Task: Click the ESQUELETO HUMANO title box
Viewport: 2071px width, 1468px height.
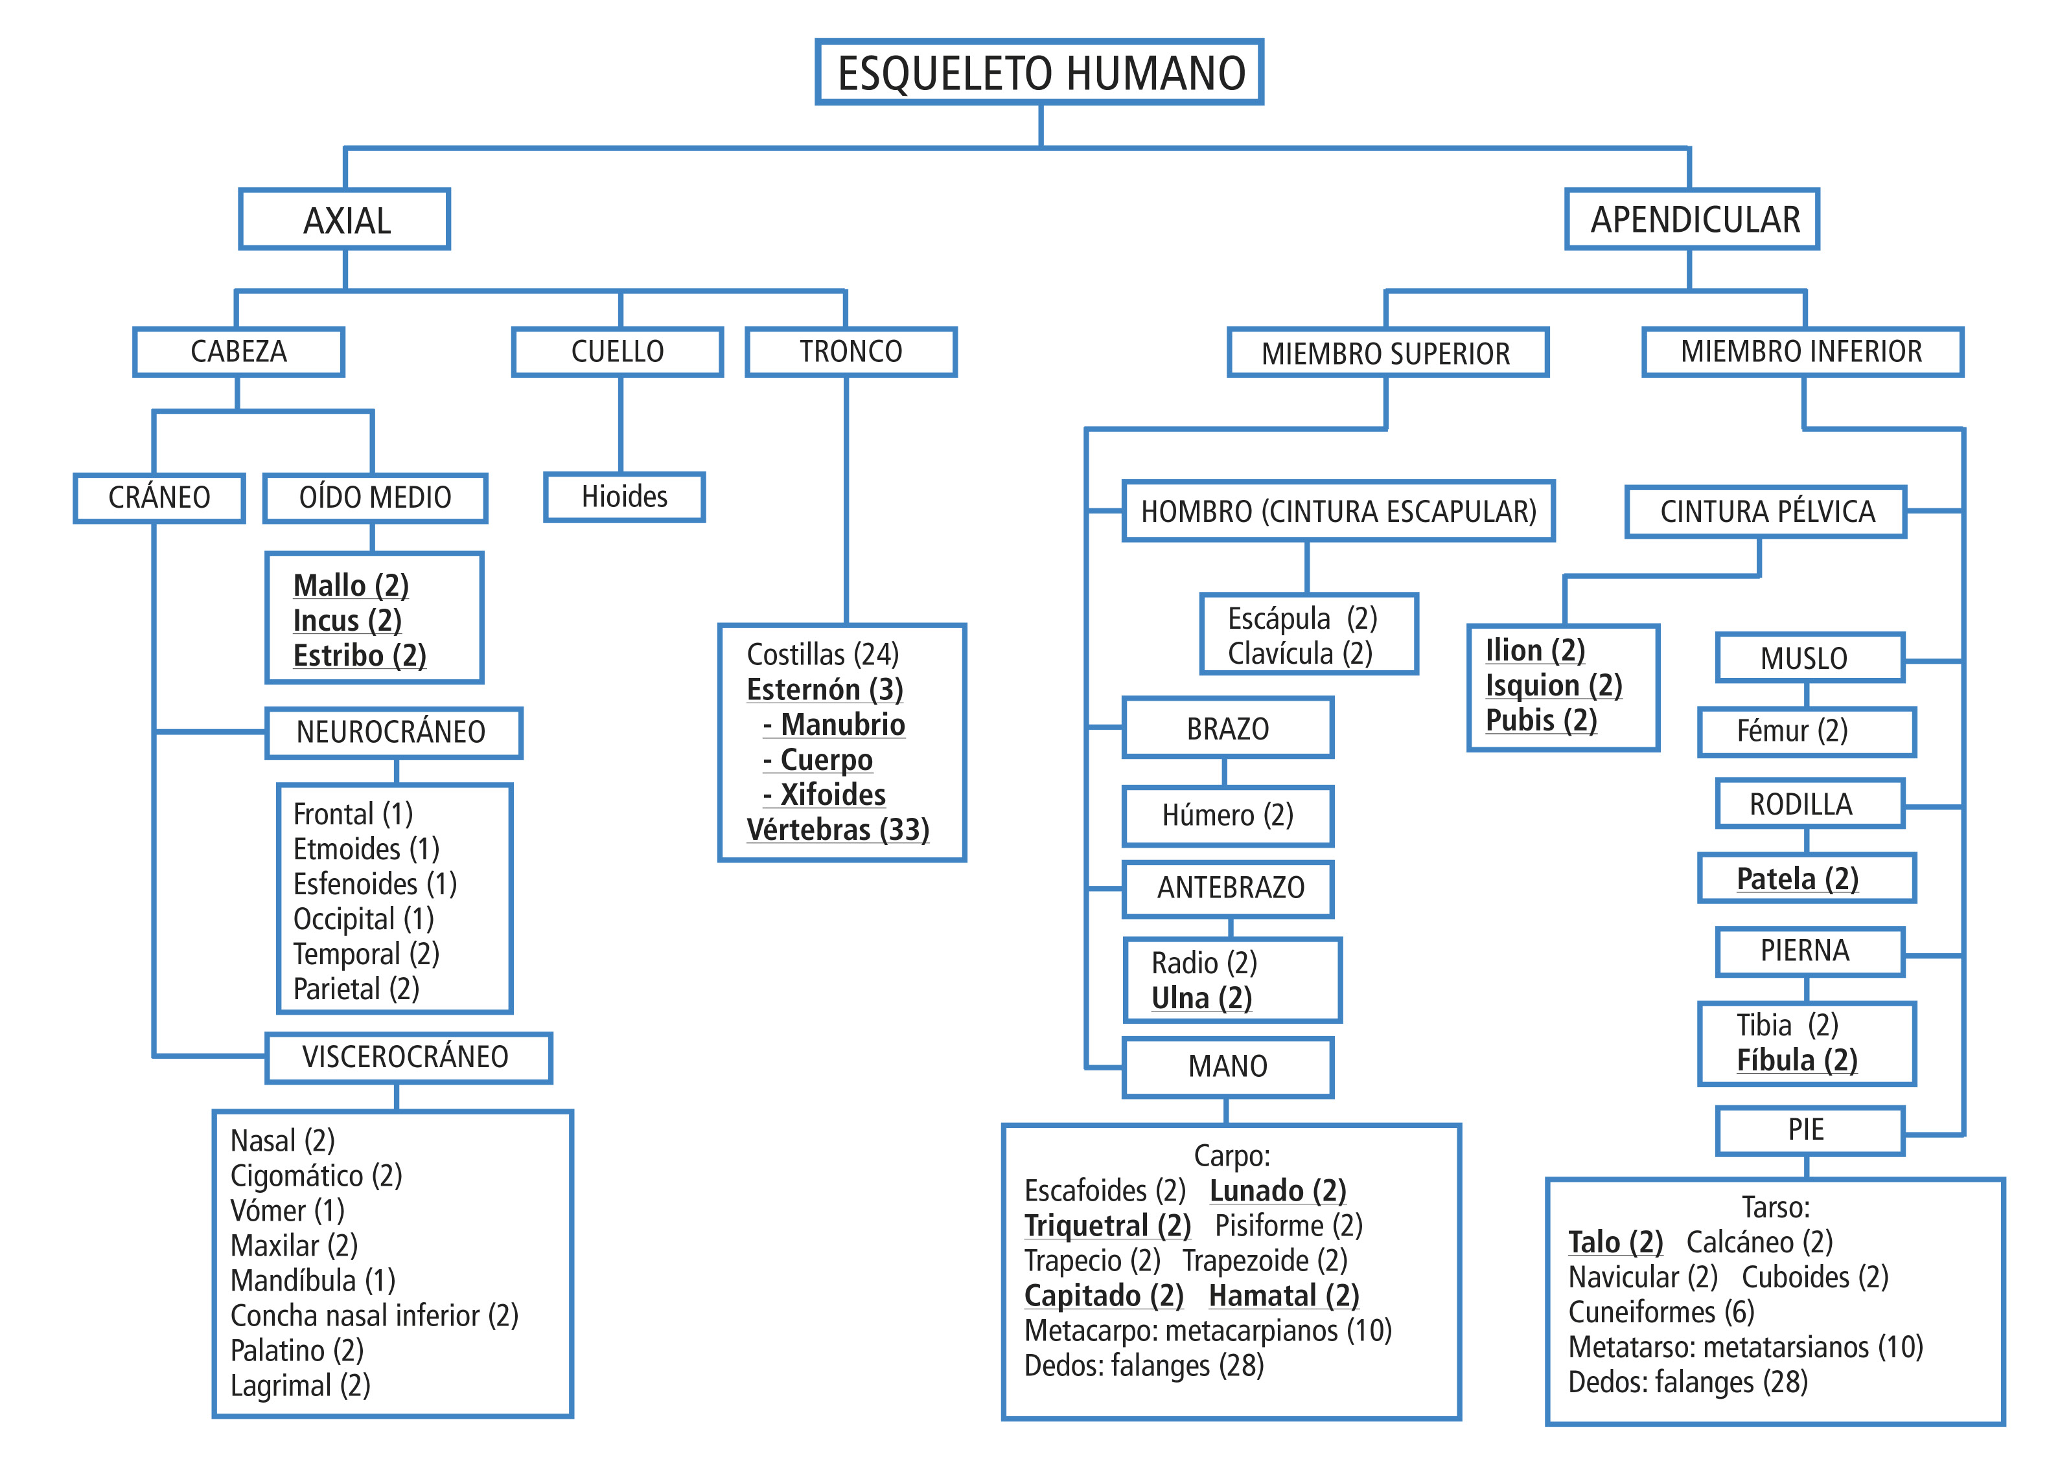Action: tap(1039, 73)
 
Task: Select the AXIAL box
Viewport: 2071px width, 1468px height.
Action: tap(345, 220)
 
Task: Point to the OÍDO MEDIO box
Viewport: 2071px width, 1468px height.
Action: tap(375, 497)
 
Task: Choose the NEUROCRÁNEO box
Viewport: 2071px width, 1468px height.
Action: tap(393, 732)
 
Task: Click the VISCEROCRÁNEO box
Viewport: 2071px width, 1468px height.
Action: tap(408, 1057)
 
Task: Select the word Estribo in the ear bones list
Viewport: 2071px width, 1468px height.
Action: tap(338, 655)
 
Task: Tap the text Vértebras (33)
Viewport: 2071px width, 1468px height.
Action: tap(837, 830)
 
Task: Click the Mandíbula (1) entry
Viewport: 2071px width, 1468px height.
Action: tap(313, 1280)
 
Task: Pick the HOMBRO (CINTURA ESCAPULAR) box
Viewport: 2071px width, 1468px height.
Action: tap(1339, 512)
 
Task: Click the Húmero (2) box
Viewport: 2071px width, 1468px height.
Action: tap(1227, 815)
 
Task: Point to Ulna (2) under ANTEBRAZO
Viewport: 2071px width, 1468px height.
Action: tap(1201, 999)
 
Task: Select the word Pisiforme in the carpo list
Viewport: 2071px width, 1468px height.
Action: tap(1269, 1226)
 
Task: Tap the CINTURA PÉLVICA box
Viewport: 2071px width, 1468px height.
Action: tap(1766, 512)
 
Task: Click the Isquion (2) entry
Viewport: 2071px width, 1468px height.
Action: tap(1553, 686)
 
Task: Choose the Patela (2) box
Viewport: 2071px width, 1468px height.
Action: tap(1797, 879)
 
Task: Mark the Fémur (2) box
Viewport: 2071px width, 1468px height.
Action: tap(1792, 731)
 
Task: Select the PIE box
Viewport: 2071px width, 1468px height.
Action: tap(1806, 1130)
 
